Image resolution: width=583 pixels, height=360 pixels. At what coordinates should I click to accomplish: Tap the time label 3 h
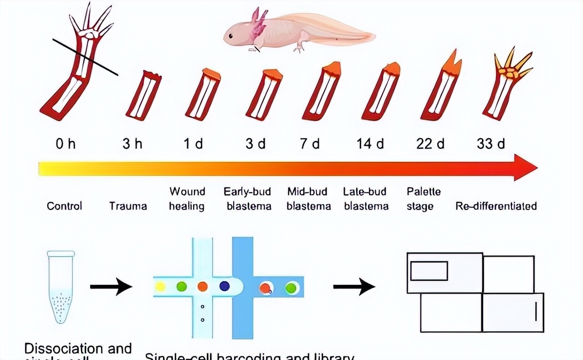(132, 144)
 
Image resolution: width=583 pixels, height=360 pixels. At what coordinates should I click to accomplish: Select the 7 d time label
(310, 144)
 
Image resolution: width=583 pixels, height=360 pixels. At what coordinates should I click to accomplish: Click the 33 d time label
(491, 144)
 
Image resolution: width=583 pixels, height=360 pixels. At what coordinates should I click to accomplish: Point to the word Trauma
(128, 206)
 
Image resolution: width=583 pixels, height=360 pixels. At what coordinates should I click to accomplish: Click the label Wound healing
(187, 199)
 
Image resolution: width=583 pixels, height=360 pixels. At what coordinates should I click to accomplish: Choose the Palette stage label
(424, 199)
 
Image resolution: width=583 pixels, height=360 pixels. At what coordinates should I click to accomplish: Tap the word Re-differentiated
(496, 206)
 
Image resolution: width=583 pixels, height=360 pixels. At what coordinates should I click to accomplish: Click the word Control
(64, 206)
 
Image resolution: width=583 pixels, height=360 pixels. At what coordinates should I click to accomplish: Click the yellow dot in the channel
(160, 286)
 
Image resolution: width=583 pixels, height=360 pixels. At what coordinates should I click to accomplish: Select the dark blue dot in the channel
(225, 286)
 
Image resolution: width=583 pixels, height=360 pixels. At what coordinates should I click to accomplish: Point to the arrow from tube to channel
(111, 287)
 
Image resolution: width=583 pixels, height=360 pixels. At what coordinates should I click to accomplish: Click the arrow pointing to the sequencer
(354, 287)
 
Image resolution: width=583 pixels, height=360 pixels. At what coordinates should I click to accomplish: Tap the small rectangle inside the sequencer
(429, 271)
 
